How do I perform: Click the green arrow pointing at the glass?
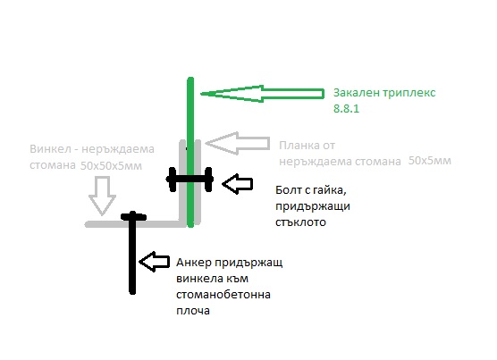pos(263,94)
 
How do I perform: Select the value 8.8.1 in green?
pos(346,109)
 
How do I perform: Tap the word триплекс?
pos(409,94)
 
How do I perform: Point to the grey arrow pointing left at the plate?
pos(238,144)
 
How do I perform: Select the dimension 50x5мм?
pos(429,161)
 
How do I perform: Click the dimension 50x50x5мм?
pos(111,165)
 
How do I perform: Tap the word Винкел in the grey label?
pos(50,149)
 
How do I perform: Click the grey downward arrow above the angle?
pos(103,196)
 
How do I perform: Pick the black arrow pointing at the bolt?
pos(238,184)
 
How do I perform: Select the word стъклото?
pos(300,222)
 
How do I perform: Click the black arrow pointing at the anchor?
pos(154,262)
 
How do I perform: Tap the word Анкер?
pos(193,263)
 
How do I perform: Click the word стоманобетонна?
pos(223,295)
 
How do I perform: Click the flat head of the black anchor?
pos(133,217)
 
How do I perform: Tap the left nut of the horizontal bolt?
pos(173,180)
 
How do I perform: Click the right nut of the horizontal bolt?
pos(208,180)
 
